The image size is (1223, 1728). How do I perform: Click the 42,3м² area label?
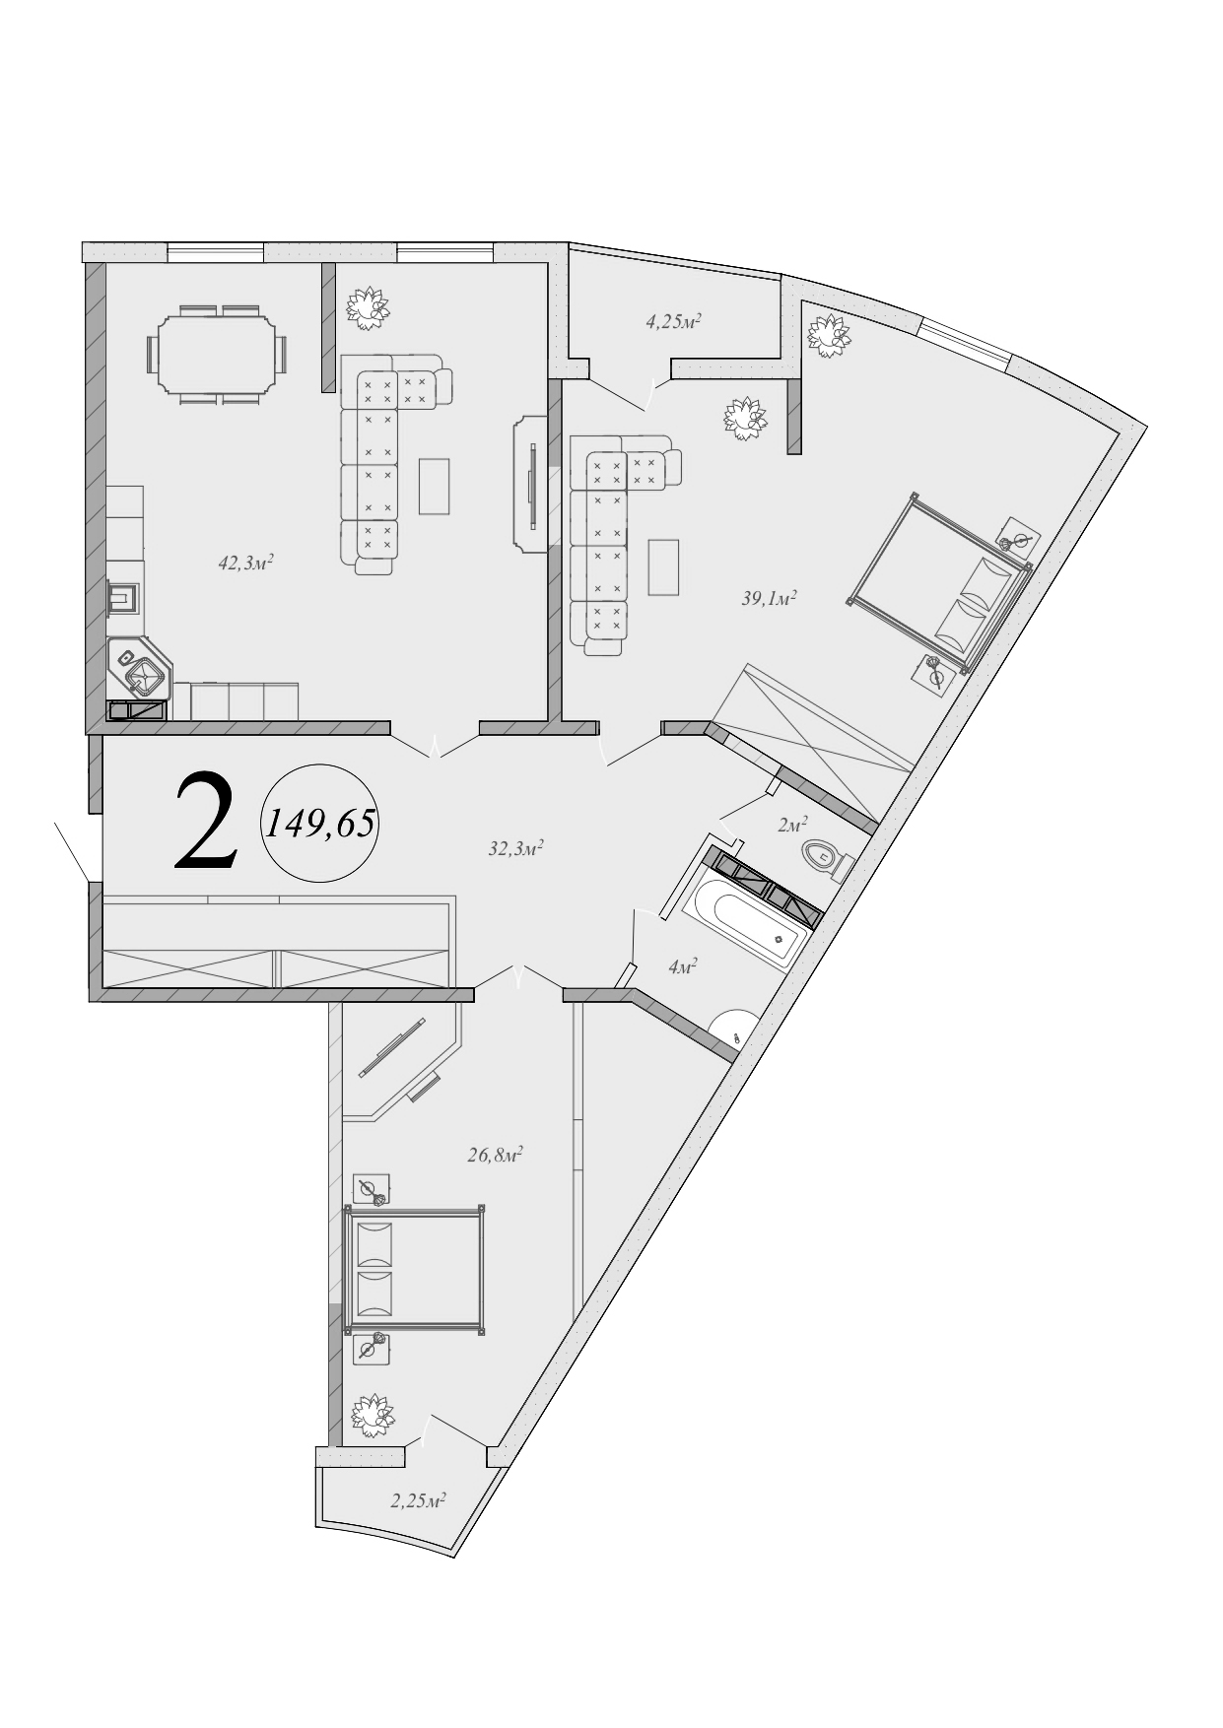(245, 563)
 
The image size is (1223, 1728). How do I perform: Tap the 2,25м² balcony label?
(418, 1500)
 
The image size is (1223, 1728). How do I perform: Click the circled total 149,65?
(320, 823)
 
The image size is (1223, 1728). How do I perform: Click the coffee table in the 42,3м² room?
(434, 486)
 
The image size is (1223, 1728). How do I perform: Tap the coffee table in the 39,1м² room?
(663, 566)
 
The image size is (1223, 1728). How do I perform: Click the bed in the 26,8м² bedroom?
(414, 1269)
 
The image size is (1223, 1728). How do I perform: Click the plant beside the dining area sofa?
(368, 307)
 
